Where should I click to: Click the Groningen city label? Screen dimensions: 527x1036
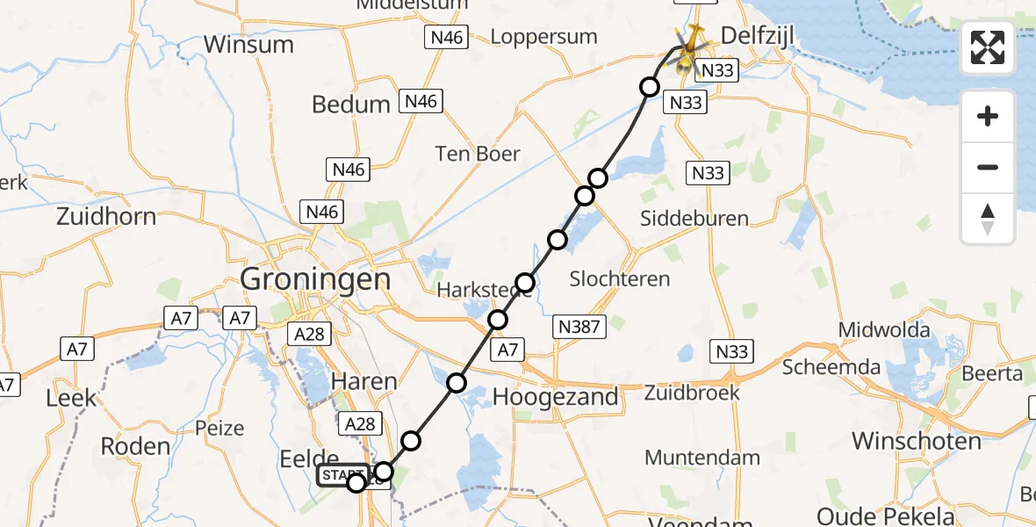[315, 279]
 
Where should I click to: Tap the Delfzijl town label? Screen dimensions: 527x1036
[759, 34]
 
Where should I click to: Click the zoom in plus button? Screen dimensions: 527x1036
[988, 116]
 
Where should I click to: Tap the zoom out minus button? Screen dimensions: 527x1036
[988, 167]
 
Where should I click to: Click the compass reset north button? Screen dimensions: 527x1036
[988, 219]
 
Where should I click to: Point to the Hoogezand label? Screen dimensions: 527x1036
[556, 396]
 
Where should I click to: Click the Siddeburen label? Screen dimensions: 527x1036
[694, 218]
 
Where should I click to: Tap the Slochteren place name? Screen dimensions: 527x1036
[620, 279]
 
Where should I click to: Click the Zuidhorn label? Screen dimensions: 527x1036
[106, 216]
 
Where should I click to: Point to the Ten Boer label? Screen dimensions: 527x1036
[478, 155]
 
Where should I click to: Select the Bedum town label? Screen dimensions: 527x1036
[351, 105]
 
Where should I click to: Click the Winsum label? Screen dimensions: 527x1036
[248, 44]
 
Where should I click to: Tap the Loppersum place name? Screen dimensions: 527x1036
[543, 37]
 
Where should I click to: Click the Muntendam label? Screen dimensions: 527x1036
[702, 458]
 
